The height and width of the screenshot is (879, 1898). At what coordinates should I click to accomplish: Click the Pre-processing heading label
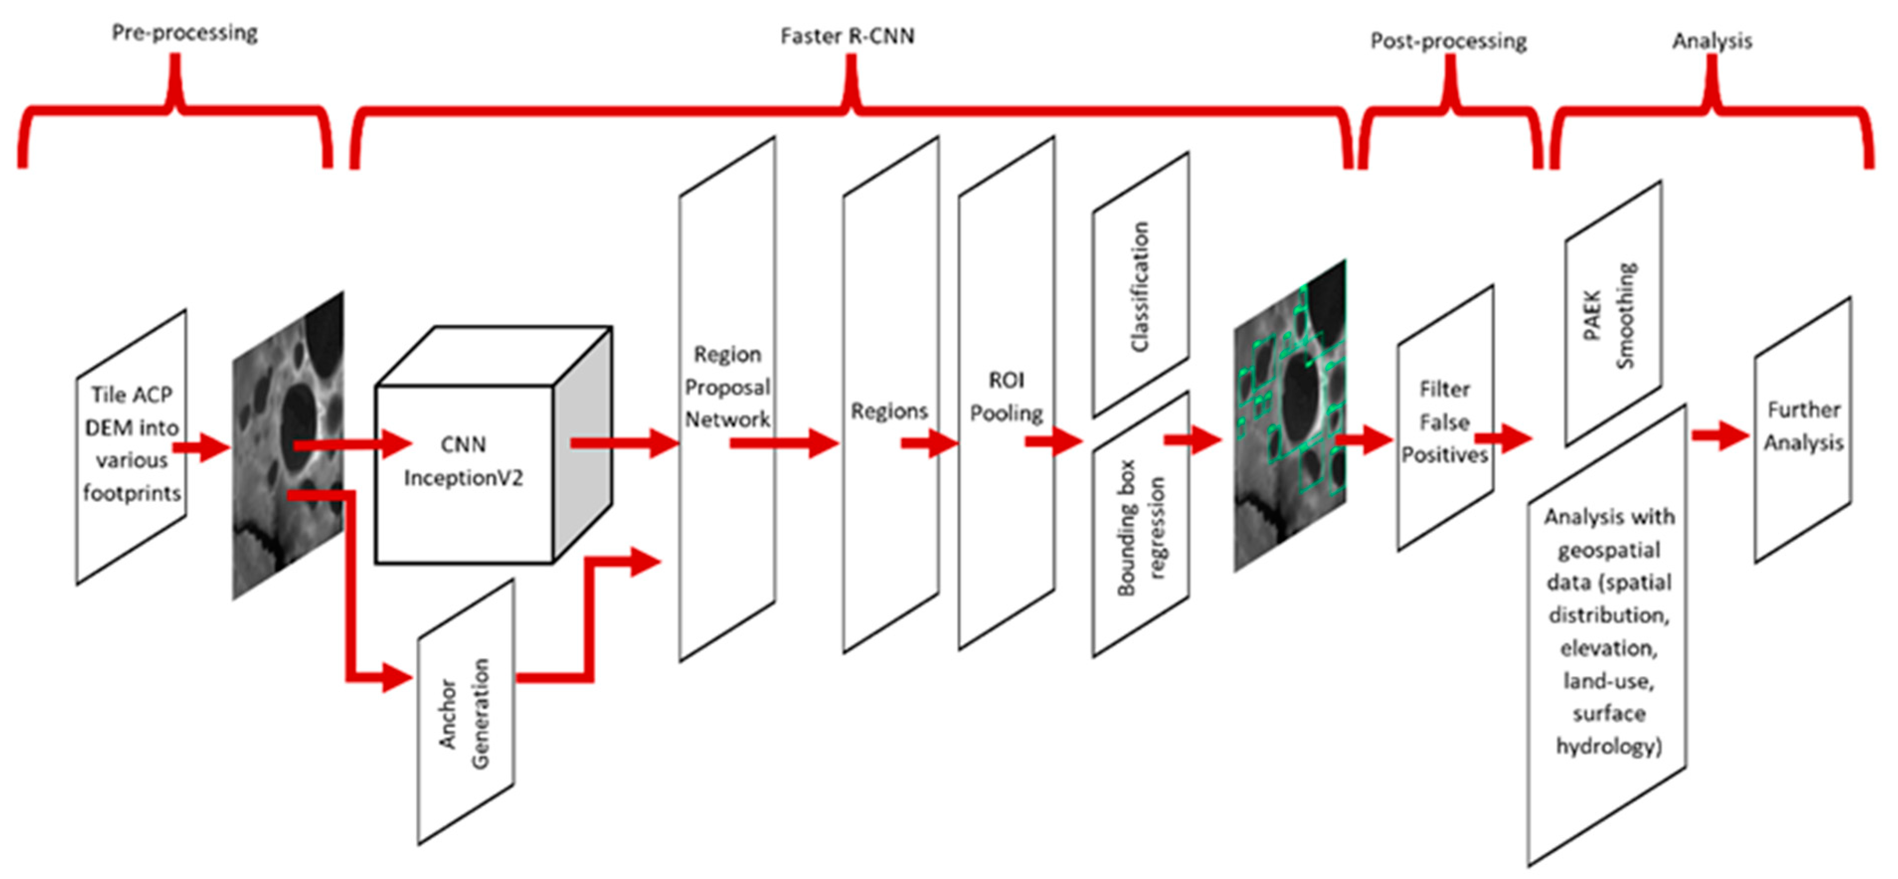pos(184,33)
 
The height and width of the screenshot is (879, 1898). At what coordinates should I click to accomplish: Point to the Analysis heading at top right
pos(1712,41)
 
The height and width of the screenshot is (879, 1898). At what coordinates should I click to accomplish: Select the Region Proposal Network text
pos(727,387)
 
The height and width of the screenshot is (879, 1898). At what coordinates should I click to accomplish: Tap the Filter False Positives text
pos(1444,422)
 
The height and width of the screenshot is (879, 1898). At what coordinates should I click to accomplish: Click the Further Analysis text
pos(1803,427)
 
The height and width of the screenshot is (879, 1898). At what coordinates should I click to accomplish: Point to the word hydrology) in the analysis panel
pos(1608,746)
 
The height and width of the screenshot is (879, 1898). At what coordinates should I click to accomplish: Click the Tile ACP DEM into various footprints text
pos(132,443)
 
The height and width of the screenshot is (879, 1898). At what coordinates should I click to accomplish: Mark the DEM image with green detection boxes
pos(1289,416)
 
